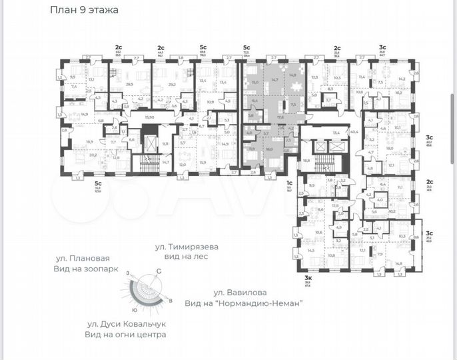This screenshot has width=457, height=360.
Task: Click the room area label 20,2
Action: tap(93, 155)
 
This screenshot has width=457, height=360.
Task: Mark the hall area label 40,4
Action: tap(353, 133)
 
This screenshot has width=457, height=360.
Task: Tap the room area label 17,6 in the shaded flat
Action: tap(280, 117)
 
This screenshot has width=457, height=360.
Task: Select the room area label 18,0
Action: tap(390, 149)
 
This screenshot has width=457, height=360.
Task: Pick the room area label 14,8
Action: tap(398, 263)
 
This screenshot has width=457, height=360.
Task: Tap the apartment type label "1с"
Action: tap(289, 183)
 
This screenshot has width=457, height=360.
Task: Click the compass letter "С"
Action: tap(159, 271)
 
